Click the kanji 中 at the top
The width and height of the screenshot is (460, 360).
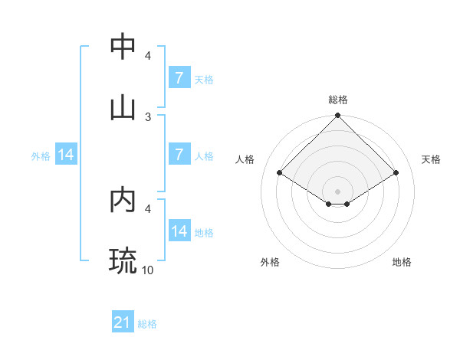click(123, 47)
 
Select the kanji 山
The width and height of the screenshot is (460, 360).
click(123, 107)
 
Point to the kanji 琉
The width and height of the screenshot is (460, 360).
click(123, 260)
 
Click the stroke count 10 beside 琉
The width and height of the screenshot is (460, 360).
click(149, 270)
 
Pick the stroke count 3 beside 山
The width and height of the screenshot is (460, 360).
click(148, 116)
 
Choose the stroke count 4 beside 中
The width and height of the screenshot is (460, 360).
click(148, 56)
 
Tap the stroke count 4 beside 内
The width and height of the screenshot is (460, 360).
click(148, 208)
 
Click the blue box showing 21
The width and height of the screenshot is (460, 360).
click(123, 323)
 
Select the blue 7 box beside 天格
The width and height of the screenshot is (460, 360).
click(179, 78)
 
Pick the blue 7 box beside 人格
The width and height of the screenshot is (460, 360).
click(179, 155)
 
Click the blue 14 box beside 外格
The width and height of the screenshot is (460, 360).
click(66, 155)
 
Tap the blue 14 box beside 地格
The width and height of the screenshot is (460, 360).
click(179, 231)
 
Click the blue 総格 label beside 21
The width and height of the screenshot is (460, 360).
click(147, 324)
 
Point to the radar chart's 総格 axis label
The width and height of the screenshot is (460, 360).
click(337, 100)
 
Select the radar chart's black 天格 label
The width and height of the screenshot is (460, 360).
click(431, 159)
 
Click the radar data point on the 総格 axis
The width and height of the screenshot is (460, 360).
click(337, 116)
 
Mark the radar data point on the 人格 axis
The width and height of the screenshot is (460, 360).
click(280, 172)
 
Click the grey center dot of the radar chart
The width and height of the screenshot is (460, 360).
click(337, 191)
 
